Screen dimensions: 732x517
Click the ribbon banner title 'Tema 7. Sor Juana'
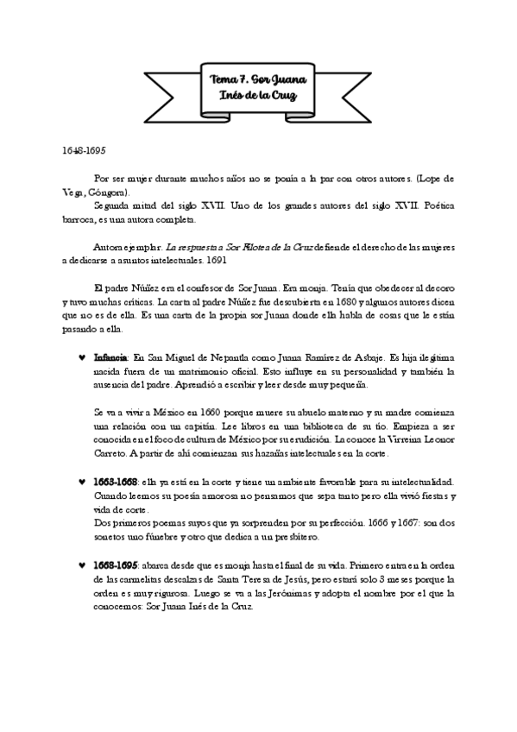tap(258, 79)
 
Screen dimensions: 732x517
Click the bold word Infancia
tap(110, 357)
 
